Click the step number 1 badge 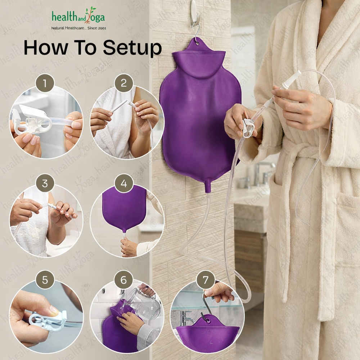point(45,83)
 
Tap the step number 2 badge point(124,83)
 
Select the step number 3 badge point(45,183)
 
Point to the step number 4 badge point(124,183)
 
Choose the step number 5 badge point(45,280)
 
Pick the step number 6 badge point(124,280)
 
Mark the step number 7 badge point(206,280)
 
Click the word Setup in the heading point(132,48)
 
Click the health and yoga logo point(78,16)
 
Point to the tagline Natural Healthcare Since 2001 point(79,28)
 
